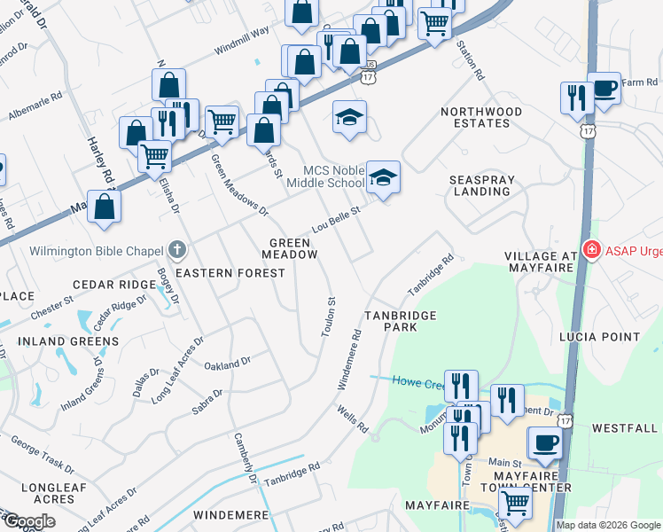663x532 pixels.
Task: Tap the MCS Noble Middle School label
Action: [x=333, y=176]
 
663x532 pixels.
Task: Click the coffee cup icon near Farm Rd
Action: [x=604, y=89]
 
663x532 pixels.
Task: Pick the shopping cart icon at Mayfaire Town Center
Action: [x=515, y=504]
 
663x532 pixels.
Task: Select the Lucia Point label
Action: [x=599, y=337]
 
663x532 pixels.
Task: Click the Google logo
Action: [x=28, y=521]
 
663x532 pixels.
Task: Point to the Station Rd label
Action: [x=470, y=59]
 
